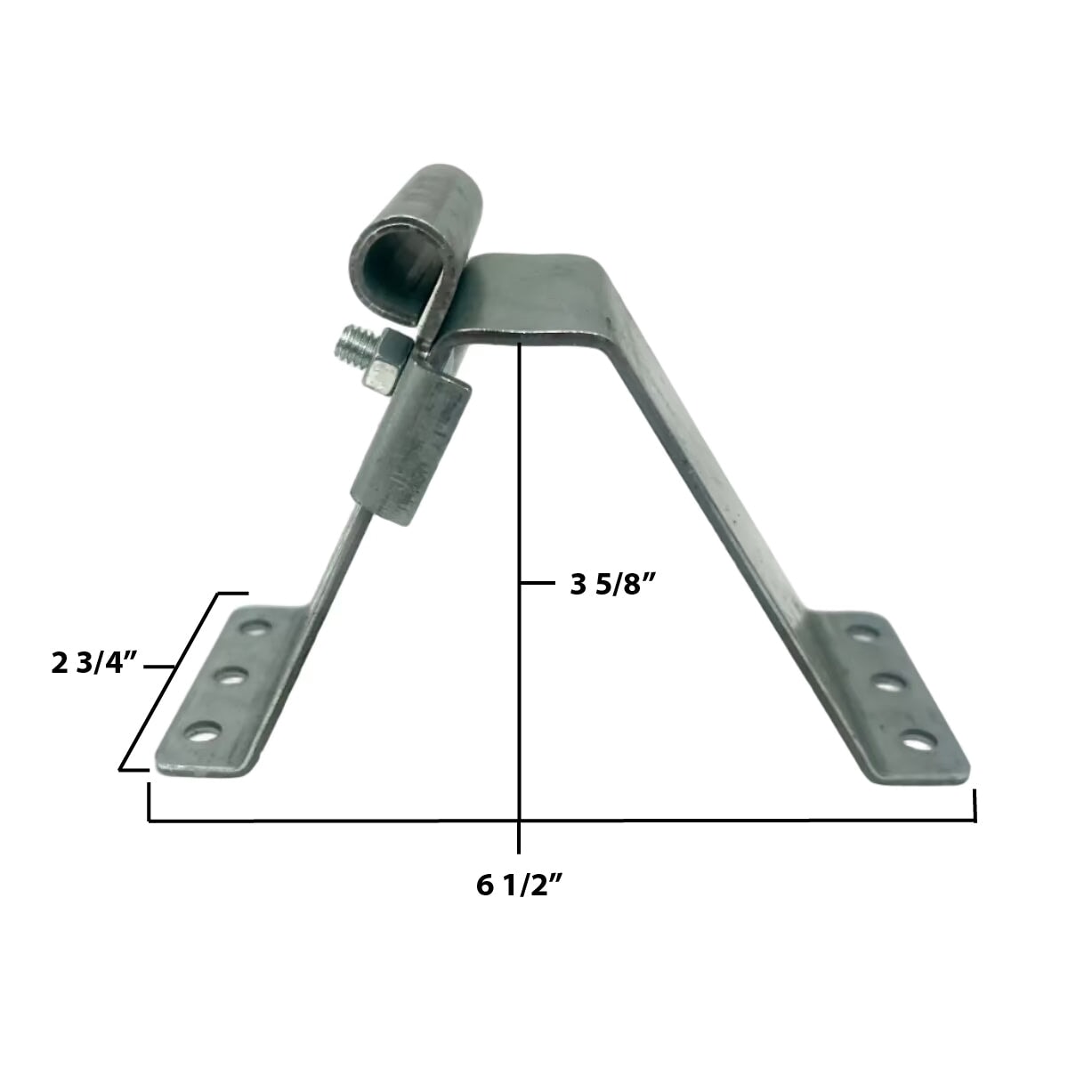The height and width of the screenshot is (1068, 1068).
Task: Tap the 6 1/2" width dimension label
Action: click(521, 886)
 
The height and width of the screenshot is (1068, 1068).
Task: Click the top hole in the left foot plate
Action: click(257, 628)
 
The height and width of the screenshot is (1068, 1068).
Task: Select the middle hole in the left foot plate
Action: click(231, 678)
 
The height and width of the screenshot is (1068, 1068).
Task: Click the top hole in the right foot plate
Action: click(859, 633)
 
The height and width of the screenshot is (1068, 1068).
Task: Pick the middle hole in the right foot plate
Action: click(885, 684)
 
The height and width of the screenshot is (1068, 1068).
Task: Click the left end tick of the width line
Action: click(149, 802)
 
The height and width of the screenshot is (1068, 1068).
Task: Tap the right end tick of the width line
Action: click(975, 805)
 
